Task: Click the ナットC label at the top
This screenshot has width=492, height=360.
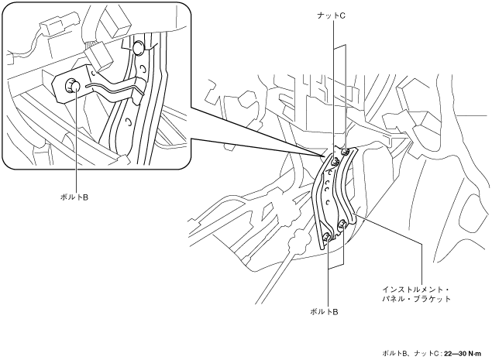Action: [x=332, y=15]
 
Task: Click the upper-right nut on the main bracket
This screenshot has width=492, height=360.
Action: [x=346, y=153]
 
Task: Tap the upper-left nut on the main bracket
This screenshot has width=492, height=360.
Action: [x=334, y=163]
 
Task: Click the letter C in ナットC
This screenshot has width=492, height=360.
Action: [x=343, y=15]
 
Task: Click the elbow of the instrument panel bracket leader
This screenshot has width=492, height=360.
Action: [x=421, y=245]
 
